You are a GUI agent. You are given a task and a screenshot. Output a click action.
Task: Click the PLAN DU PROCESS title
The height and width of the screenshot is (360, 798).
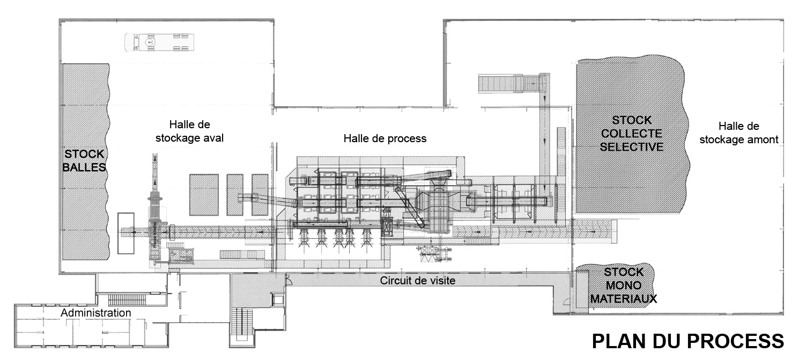[688, 341]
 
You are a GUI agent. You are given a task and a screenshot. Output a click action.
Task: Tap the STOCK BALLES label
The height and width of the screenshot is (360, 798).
[84, 160]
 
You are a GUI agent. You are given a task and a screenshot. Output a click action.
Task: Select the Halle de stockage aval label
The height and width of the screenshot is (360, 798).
[189, 131]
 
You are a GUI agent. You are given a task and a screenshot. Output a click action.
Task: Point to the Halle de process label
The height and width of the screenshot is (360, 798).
[385, 138]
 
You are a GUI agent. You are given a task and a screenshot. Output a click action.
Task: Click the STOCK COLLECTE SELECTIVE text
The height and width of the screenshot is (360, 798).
[631, 133]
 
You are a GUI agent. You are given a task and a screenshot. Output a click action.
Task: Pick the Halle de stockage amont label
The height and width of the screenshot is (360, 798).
[739, 133]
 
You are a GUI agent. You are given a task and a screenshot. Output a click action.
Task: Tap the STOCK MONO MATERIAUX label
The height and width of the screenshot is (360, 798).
[623, 285]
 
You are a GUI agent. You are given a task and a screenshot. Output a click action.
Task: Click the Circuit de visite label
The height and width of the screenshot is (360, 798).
[418, 281]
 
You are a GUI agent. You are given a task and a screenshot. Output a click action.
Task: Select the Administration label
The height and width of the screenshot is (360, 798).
[96, 313]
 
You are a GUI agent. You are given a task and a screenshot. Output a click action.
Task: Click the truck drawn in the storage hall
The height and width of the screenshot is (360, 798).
[159, 42]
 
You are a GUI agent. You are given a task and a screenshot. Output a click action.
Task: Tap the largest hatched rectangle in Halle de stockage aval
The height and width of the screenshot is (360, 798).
[204, 195]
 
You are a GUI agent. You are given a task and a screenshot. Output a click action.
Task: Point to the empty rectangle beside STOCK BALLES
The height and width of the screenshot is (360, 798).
[125, 233]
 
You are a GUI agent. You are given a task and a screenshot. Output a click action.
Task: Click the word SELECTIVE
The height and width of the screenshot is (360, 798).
[631, 146]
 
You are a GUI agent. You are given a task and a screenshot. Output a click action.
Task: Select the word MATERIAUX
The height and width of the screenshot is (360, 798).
[623, 298]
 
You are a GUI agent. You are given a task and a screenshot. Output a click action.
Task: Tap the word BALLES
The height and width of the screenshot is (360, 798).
[84, 167]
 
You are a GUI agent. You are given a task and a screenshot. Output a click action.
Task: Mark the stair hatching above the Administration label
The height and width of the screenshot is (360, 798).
[127, 300]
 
